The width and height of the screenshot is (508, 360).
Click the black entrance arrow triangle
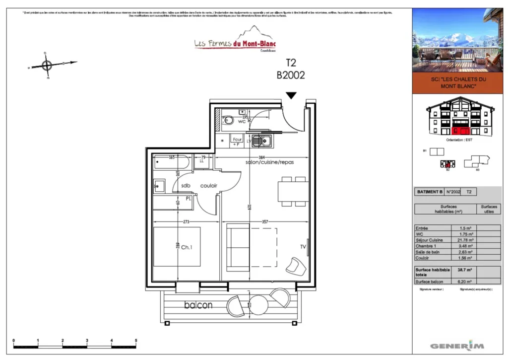point(291,95)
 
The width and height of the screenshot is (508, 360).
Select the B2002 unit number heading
point(290,75)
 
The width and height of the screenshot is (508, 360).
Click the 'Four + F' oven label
point(237,142)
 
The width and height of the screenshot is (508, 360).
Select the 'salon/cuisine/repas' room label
point(269,163)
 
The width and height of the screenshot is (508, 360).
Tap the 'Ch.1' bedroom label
point(187,247)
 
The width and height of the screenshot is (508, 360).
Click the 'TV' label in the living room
point(303,247)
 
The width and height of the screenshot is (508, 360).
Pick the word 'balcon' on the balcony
point(198,305)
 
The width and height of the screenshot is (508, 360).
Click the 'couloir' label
point(209,186)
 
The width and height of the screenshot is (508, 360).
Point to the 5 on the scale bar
point(136,341)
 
